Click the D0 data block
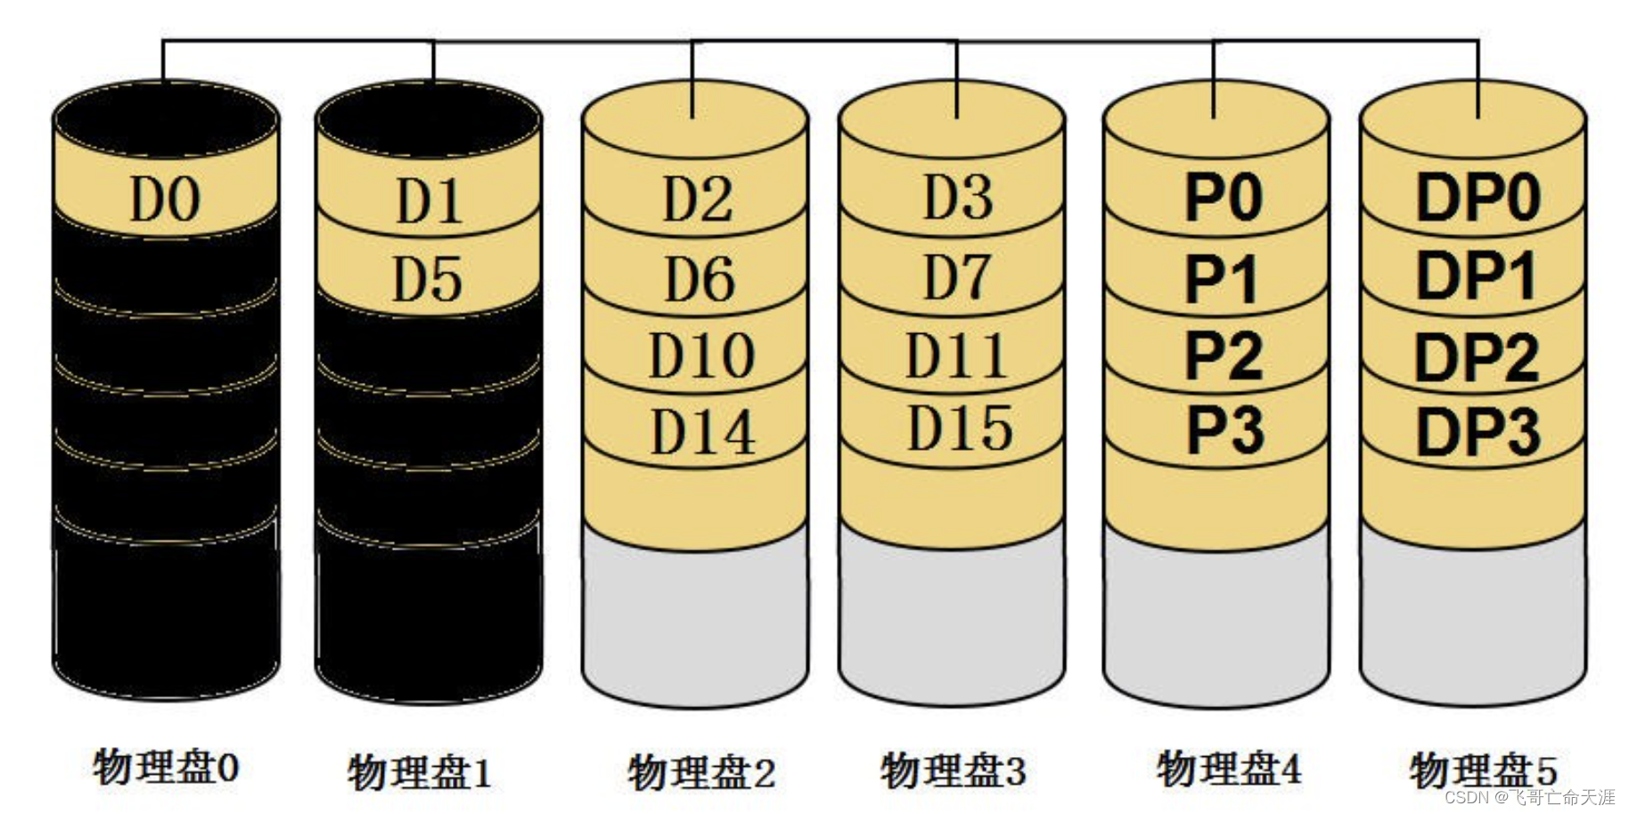[166, 199]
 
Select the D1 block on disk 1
[429, 200]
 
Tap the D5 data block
[429, 278]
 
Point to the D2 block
[697, 199]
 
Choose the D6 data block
[700, 278]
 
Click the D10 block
[701, 355]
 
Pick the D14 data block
[702, 432]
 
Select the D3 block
[957, 197]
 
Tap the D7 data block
[957, 276]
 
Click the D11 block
[957, 354]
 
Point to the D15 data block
[959, 427]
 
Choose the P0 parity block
[1223, 197]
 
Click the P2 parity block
[1223, 354]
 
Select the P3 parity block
[1224, 430]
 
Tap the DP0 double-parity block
[1478, 197]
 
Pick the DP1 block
[1476, 275]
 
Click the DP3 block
[1478, 432]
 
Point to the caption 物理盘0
[166, 767]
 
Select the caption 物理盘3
[954, 770]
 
